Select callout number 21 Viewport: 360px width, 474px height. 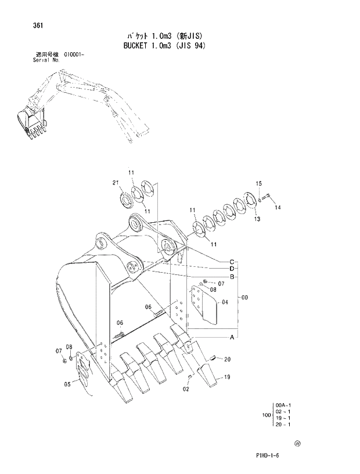click(116, 183)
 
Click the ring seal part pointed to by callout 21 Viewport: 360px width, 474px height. click(126, 201)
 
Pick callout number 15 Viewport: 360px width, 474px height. click(258, 184)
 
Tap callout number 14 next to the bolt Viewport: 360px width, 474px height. click(278, 207)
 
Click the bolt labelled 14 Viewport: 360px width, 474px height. click(267, 199)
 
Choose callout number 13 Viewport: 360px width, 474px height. click(257, 219)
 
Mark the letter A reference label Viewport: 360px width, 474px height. click(231, 337)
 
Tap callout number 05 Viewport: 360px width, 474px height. click(67, 383)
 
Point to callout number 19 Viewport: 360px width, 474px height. click(227, 378)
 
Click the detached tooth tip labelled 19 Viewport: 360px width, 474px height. click(207, 375)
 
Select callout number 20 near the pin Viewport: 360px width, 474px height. click(227, 359)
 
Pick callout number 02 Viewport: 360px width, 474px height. click(186, 390)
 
